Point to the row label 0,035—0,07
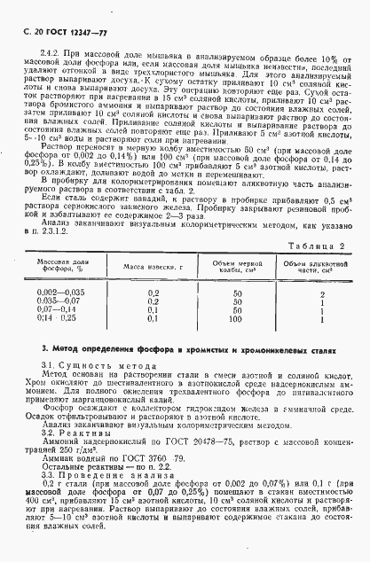60,300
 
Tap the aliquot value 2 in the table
322,292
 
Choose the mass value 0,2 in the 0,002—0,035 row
153,292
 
